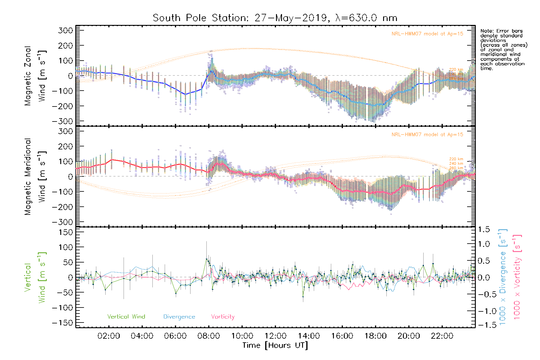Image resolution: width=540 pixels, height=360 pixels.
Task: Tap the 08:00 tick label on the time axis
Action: click(208, 336)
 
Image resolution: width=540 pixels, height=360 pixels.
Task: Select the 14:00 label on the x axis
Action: click(309, 336)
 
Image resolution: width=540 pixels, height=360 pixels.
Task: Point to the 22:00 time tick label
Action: click(442, 336)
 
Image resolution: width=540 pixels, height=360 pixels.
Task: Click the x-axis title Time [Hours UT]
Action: click(275, 345)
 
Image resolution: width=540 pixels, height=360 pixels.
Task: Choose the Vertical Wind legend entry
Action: click(126, 317)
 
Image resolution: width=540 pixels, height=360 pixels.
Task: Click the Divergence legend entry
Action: click(179, 317)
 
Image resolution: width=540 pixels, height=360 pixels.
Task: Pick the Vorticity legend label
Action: click(223, 317)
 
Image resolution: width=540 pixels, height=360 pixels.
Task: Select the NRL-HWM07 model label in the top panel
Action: click(427, 34)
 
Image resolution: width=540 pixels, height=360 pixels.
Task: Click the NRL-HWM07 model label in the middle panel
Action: click(427, 135)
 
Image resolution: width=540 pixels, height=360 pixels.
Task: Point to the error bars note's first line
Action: click(501, 31)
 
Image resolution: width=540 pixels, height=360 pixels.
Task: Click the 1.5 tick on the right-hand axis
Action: click(484, 229)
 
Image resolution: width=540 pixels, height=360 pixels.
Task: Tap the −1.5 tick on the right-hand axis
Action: click(484, 325)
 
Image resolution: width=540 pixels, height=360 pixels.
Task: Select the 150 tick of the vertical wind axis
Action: click(66, 232)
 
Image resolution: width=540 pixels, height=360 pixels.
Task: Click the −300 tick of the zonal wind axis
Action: click(62, 121)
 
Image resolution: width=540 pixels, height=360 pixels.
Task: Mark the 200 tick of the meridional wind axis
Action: click(66, 146)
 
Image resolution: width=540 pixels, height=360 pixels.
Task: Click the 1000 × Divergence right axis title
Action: click(502, 277)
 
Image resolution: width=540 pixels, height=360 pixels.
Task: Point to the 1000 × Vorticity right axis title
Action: click(517, 277)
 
